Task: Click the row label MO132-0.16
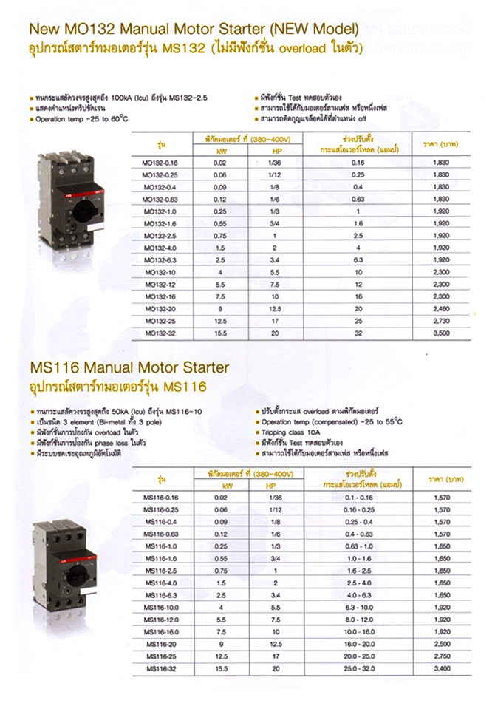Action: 160,162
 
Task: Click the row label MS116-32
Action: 160,668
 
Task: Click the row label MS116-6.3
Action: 160,595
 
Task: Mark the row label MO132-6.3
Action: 160,260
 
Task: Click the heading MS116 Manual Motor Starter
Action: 129,367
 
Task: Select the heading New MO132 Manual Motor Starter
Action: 192,30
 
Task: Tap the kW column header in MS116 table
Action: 219,486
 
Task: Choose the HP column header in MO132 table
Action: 273,150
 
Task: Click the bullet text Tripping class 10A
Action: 291,432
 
